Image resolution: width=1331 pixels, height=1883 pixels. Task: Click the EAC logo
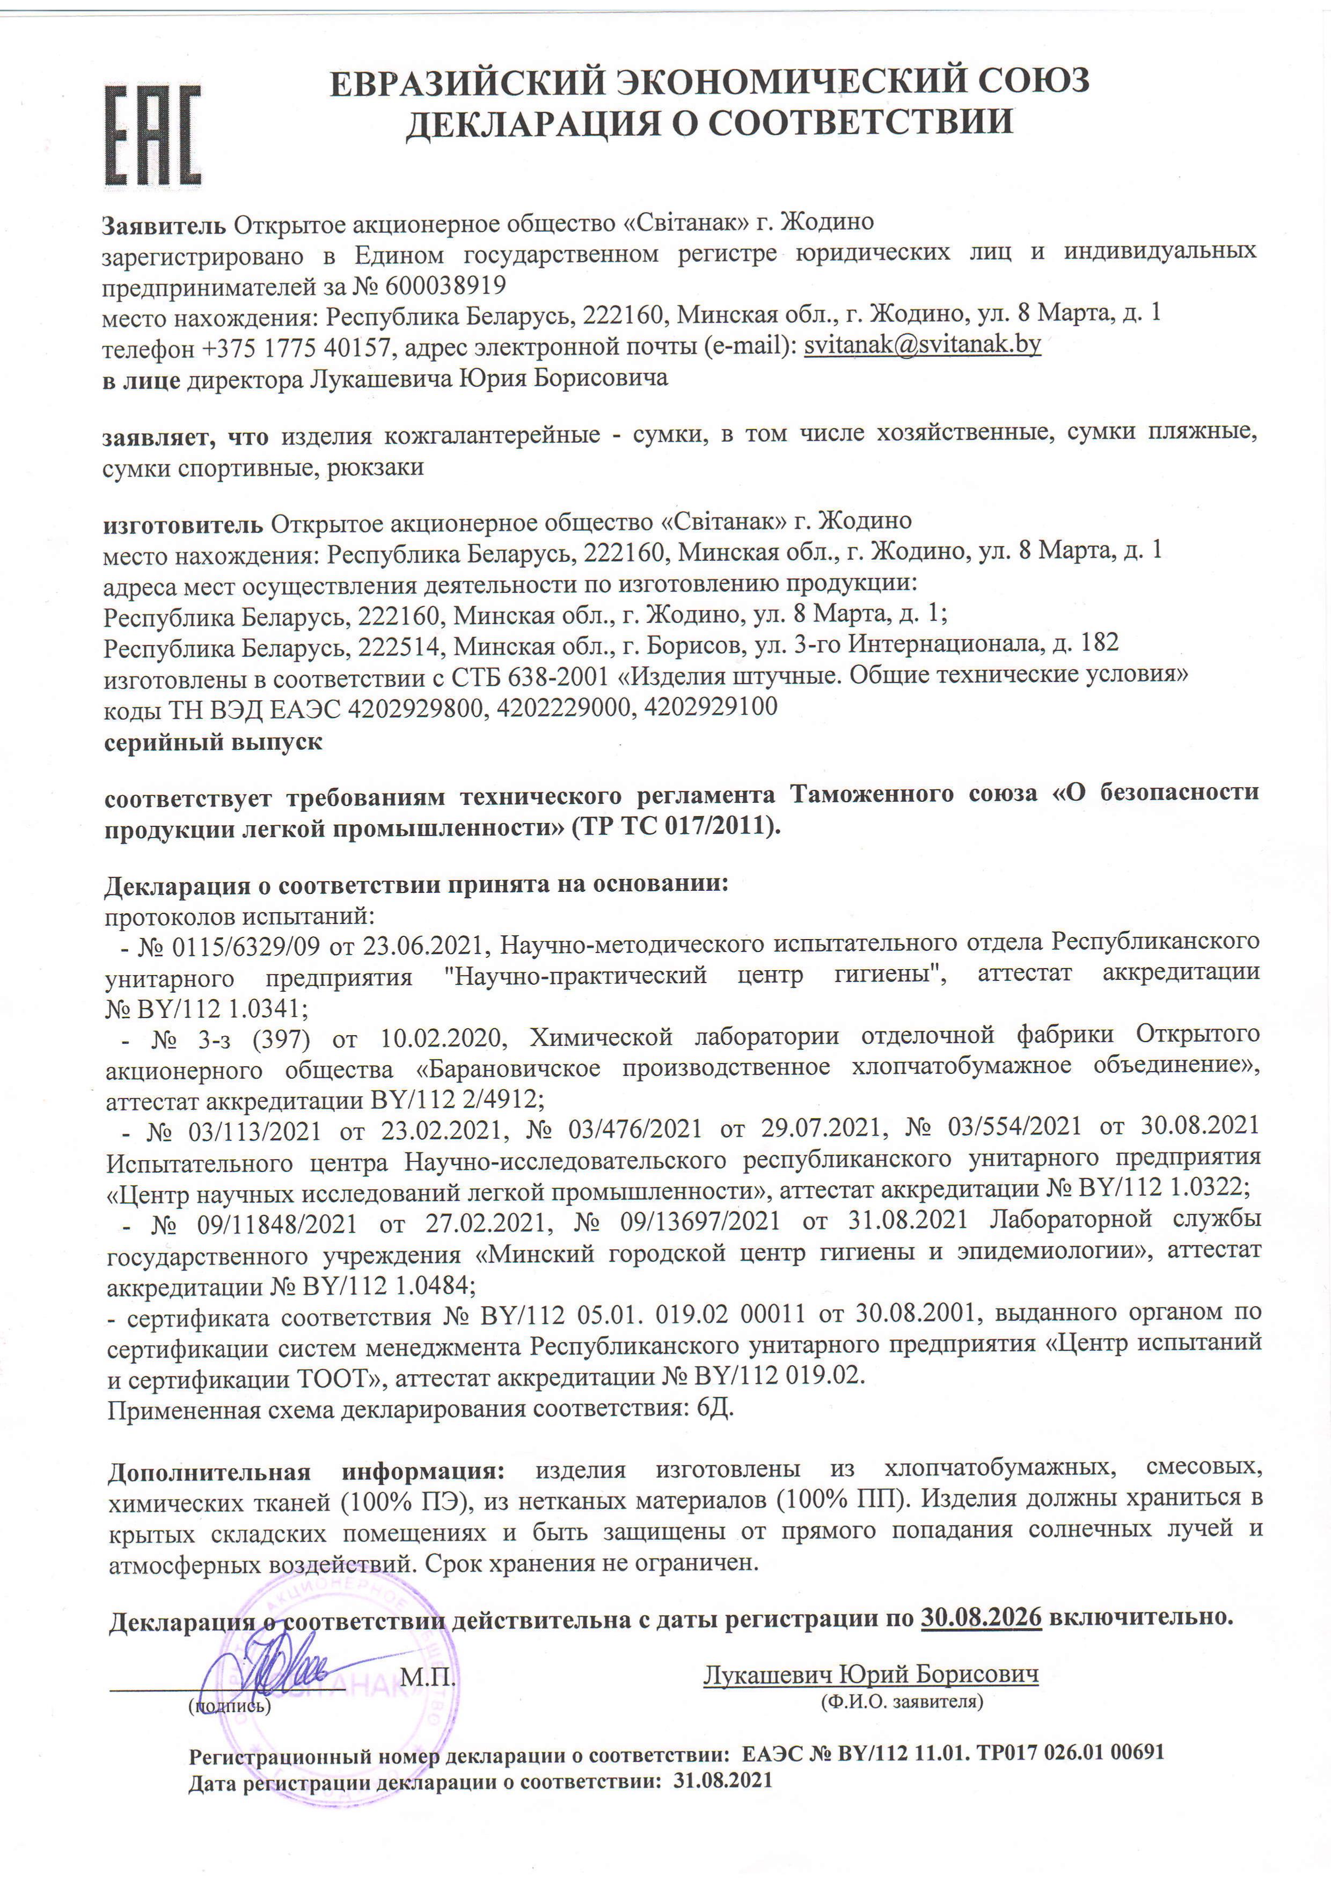point(152,135)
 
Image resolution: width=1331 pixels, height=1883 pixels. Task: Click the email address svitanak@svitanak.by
point(922,345)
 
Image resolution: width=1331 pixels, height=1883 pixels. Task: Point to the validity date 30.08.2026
point(981,1617)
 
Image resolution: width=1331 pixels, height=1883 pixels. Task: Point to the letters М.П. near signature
point(427,1675)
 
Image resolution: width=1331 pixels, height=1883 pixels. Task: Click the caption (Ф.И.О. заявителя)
point(901,1701)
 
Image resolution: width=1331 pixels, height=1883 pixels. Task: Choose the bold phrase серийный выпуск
point(213,742)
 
